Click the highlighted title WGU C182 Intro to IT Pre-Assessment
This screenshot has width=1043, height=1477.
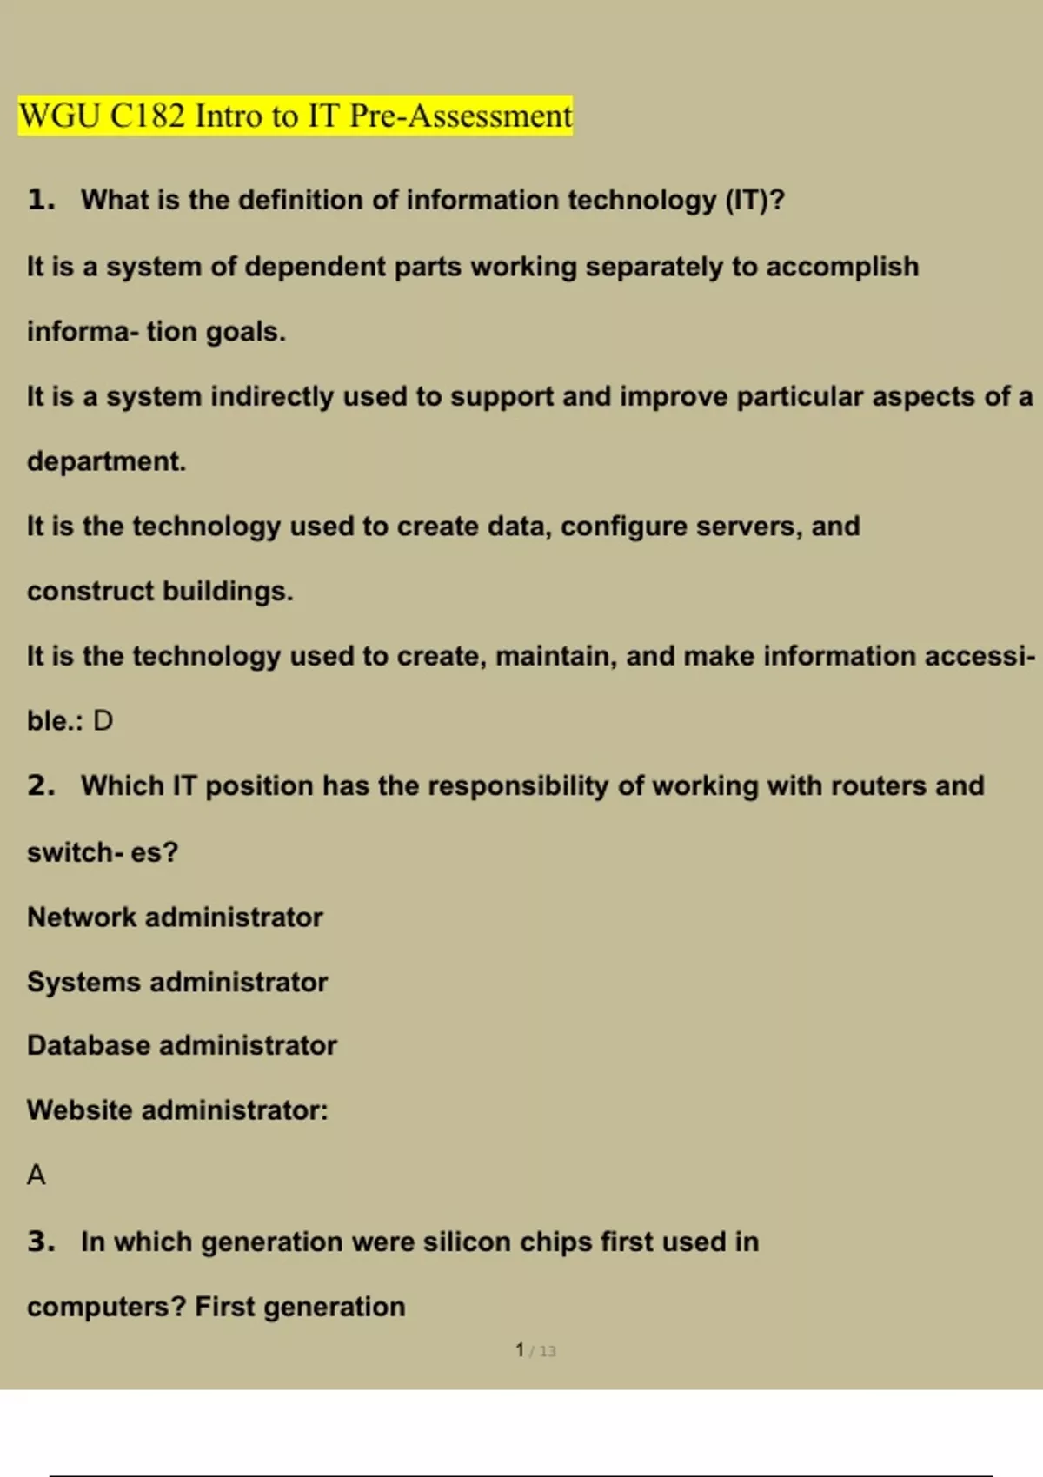(296, 116)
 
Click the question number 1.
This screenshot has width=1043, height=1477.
(41, 200)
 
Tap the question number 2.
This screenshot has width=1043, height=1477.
(41, 785)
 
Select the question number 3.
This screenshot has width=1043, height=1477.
(41, 1242)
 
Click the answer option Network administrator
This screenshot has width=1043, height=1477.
(175, 917)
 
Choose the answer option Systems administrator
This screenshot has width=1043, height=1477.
(177, 982)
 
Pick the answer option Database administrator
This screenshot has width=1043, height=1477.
(182, 1045)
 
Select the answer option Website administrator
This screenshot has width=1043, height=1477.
(177, 1109)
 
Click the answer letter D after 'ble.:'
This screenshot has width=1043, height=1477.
(103, 720)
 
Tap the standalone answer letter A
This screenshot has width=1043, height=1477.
(36, 1175)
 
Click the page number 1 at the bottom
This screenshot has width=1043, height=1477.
(520, 1350)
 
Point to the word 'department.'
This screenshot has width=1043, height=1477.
(106, 460)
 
